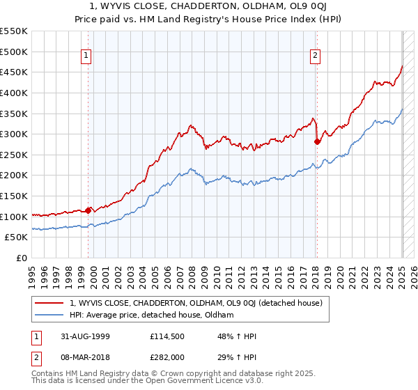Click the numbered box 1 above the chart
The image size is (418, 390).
[x=86, y=56]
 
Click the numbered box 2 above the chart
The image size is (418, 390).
[x=315, y=56]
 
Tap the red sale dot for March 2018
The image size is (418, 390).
[x=318, y=141]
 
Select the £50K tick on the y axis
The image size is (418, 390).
[x=17, y=237]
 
